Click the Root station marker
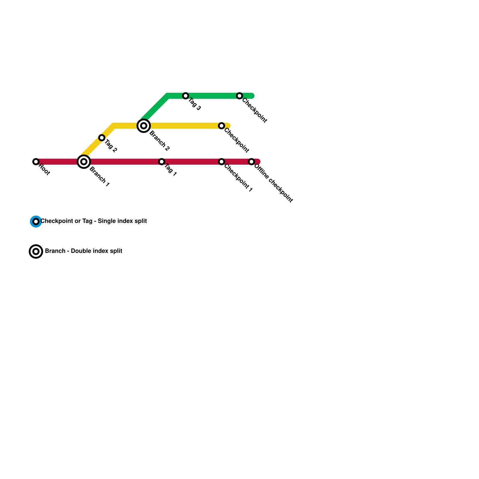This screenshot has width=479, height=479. [36, 162]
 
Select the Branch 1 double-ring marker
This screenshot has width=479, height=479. [84, 162]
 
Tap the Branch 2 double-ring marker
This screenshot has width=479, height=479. [144, 126]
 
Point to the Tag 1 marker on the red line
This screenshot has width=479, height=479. [162, 162]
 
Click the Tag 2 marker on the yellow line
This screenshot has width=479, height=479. [102, 138]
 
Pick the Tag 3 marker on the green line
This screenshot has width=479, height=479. [186, 96]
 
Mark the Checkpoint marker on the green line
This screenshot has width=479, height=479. [239, 96]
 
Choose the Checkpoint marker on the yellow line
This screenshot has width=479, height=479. [222, 126]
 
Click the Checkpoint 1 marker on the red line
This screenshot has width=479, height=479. [222, 162]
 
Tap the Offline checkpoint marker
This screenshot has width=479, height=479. [251, 162]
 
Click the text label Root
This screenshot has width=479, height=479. [44, 170]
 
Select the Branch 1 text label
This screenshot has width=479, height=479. [99, 177]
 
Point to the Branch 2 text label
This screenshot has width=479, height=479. [160, 141]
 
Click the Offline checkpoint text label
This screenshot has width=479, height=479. [273, 183]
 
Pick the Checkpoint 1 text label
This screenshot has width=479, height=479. [238, 178]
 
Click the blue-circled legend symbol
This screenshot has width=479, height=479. [36, 222]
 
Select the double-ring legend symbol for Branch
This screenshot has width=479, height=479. [36, 251]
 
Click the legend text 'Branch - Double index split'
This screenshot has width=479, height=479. [84, 251]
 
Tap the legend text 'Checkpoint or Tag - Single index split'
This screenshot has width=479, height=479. [94, 221]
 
